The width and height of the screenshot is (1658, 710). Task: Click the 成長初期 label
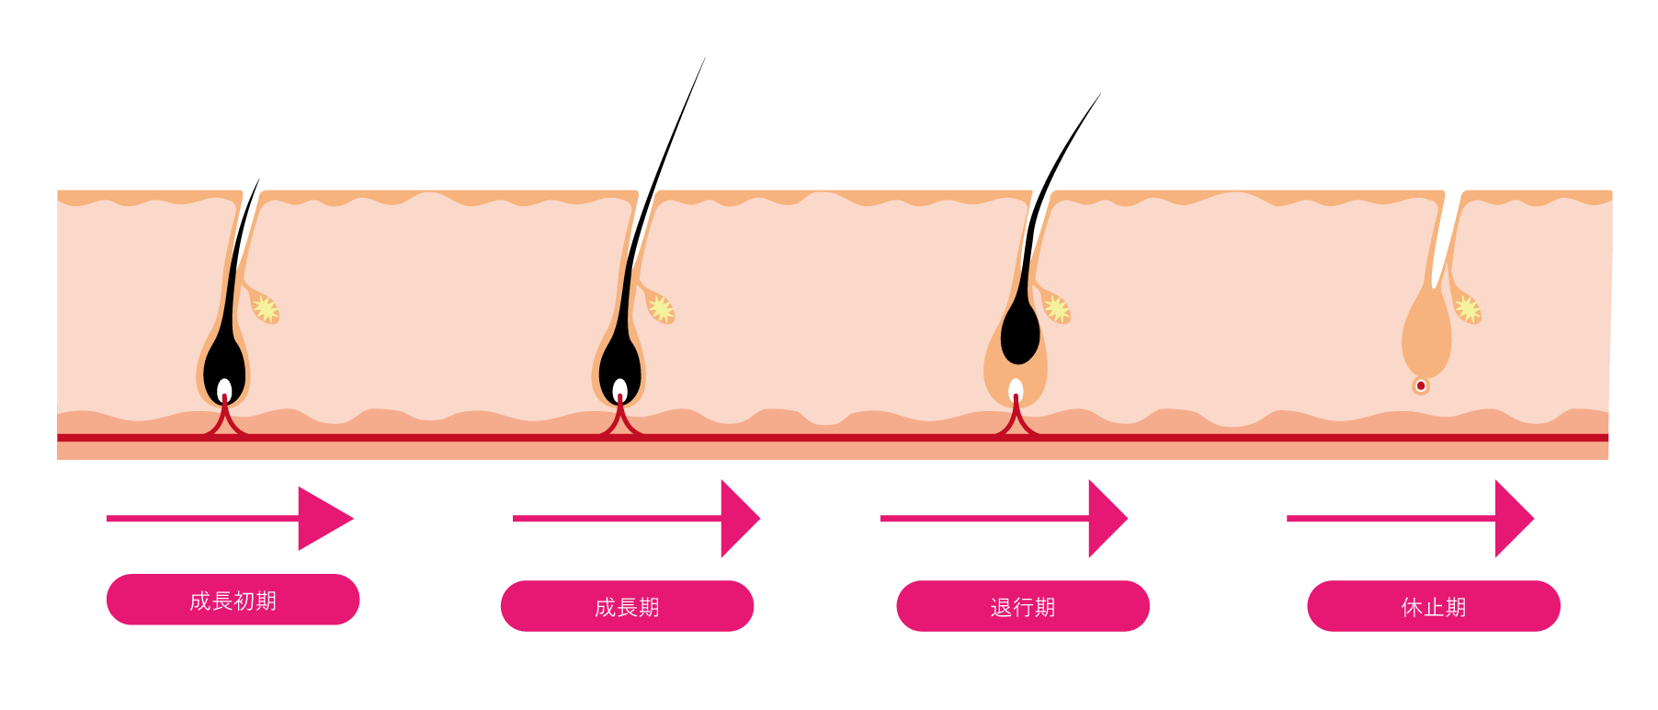[233, 600]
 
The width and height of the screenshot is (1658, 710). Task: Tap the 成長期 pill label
[627, 606]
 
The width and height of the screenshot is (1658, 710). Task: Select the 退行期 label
[1022, 606]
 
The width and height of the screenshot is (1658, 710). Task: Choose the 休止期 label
[1433, 606]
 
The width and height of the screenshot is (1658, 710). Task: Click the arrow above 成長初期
[230, 519]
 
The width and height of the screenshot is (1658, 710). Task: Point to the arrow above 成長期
[636, 519]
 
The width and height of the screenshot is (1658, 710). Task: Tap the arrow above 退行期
[1004, 519]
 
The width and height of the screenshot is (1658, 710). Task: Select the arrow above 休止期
[1410, 519]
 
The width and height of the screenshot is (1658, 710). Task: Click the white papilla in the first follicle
[224, 388]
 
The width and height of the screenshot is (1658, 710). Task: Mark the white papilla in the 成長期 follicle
[620, 388]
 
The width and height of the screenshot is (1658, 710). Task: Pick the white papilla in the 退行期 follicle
[1016, 389]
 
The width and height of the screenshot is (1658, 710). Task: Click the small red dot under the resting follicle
[1421, 385]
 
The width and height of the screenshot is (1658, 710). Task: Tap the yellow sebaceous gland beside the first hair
[265, 308]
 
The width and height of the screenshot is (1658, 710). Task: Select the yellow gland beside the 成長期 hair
[660, 308]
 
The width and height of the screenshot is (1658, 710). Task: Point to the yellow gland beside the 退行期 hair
[1056, 308]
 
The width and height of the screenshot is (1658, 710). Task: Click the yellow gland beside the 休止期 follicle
[1467, 308]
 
